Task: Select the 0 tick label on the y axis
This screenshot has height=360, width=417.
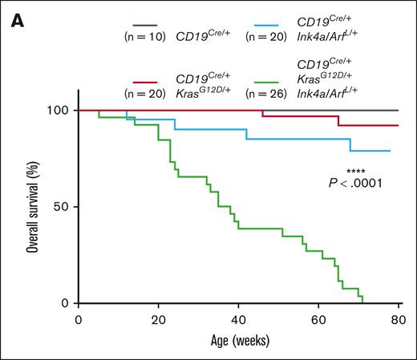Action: pyautogui.click(x=66, y=304)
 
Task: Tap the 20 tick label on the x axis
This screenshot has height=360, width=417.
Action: pyautogui.click(x=158, y=319)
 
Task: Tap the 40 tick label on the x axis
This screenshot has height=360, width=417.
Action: pyautogui.click(x=238, y=319)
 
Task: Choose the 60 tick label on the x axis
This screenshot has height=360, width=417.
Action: pyautogui.click(x=318, y=319)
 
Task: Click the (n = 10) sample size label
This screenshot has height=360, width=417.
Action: pyautogui.click(x=141, y=37)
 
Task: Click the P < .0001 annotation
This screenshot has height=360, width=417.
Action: pyautogui.click(x=355, y=184)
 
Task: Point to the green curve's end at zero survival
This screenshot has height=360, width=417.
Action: pyautogui.click(x=363, y=303)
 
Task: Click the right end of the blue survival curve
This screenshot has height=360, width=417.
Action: pyautogui.click(x=390, y=151)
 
